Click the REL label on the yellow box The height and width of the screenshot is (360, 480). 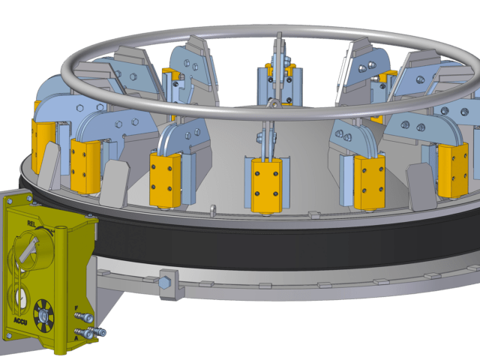pyautogui.click(x=31, y=223)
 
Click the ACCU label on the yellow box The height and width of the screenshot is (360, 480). pyautogui.click(x=20, y=321)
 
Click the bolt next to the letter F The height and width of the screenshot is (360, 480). pyautogui.click(x=87, y=318)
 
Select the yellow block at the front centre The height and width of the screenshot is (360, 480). pyautogui.click(x=267, y=184)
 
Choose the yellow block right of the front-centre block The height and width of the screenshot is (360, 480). pyautogui.click(x=369, y=181)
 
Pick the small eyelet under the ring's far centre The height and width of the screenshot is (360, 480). pyautogui.click(x=276, y=103)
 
